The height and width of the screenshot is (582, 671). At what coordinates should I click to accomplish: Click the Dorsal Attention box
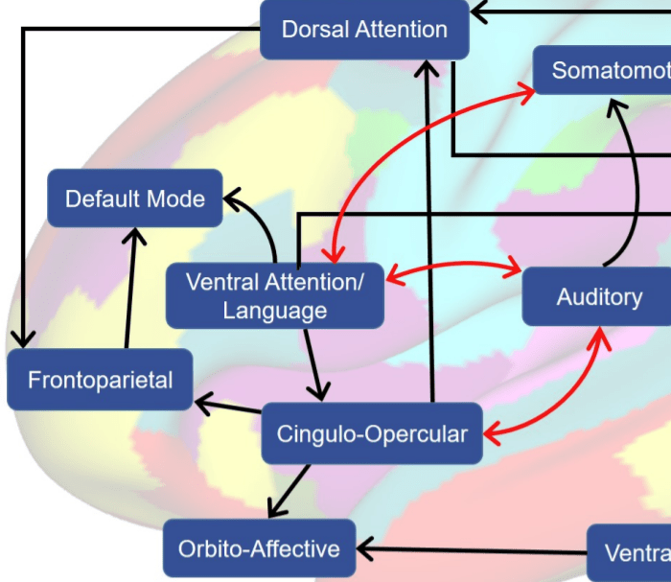(364, 29)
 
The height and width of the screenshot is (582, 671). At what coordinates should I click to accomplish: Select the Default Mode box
(135, 198)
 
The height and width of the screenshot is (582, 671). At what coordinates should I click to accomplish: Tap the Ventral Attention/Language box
(275, 295)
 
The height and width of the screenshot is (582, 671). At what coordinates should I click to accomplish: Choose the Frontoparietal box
(100, 380)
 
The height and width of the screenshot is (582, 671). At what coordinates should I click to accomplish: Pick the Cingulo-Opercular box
(372, 433)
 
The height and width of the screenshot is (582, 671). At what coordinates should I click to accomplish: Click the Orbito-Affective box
(259, 548)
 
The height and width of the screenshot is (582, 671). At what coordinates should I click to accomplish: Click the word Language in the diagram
(275, 311)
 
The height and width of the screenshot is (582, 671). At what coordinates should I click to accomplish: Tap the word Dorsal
(313, 29)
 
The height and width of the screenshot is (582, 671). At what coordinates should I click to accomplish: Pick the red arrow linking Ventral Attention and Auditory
(452, 270)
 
